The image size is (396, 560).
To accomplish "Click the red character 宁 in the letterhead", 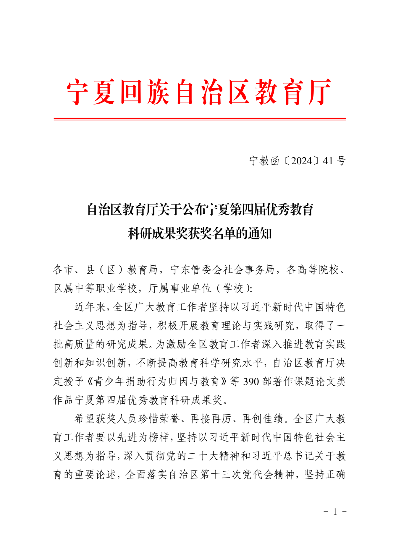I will tap(77, 92).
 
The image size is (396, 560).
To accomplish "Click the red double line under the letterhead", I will tap(200, 119).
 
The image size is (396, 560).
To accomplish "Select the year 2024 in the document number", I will tap(302, 161).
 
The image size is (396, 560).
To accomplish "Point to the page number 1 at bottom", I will tap(335, 512).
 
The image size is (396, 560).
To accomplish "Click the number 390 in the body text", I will tap(251, 382).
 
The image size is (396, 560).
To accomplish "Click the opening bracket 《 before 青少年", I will tap(90, 382).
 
